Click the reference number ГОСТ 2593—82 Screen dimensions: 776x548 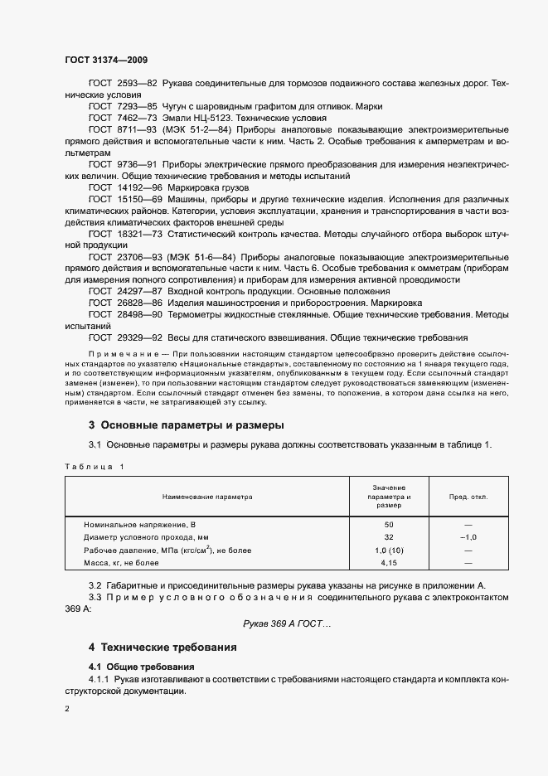coord(123,84)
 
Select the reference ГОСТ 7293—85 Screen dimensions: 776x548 coord(123,107)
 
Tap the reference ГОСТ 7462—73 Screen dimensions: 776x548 coord(123,119)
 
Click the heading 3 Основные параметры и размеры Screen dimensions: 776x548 coord(187,425)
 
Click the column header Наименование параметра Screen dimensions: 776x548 coord(207,497)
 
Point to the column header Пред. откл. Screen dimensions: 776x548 coord(468,497)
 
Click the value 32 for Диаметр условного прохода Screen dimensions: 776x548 coord(388,538)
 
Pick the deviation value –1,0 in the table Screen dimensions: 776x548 coord(468,538)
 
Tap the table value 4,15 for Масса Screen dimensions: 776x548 coord(388,563)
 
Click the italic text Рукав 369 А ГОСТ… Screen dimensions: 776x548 coord(286,623)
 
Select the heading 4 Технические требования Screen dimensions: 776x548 coord(162,647)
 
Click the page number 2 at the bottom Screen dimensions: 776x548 coord(67,709)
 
